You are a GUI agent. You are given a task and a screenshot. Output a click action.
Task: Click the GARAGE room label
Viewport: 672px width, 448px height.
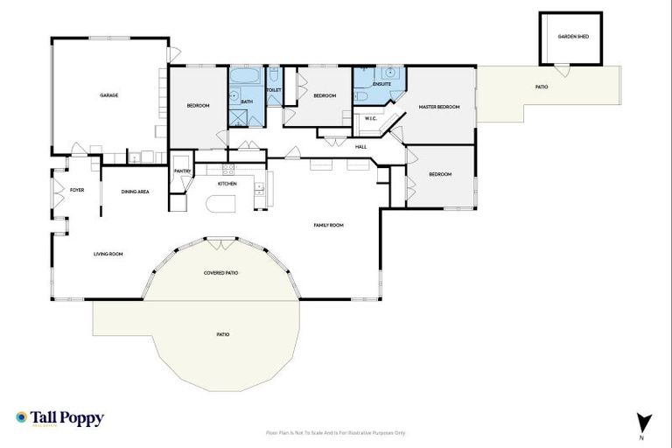108,95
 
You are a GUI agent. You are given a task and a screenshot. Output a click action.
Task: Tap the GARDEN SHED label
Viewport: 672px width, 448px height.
570,37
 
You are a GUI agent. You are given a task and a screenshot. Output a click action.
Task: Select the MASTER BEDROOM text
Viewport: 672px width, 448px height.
438,107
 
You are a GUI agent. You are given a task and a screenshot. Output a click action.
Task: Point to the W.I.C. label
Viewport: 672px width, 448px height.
370,118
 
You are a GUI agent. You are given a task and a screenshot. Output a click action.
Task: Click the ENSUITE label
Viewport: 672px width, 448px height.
381,84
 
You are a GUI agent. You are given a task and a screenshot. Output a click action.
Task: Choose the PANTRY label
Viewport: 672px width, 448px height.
182,171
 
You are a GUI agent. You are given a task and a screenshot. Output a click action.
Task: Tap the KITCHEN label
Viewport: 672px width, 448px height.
227,184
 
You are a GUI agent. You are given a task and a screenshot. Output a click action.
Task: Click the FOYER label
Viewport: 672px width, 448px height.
77,189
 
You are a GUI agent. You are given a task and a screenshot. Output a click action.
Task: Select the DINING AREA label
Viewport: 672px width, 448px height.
135,192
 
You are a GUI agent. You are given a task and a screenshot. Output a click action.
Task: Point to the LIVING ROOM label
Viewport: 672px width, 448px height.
108,254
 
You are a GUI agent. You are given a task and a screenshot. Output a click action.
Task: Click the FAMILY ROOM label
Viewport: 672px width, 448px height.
328,225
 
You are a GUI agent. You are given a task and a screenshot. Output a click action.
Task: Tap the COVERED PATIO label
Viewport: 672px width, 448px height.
220,272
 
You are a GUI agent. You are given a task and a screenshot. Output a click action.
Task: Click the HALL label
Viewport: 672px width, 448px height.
360,146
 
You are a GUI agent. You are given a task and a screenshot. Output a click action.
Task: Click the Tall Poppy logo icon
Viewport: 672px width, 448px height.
21,418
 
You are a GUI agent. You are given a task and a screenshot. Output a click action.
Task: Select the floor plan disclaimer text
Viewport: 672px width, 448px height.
336,432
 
